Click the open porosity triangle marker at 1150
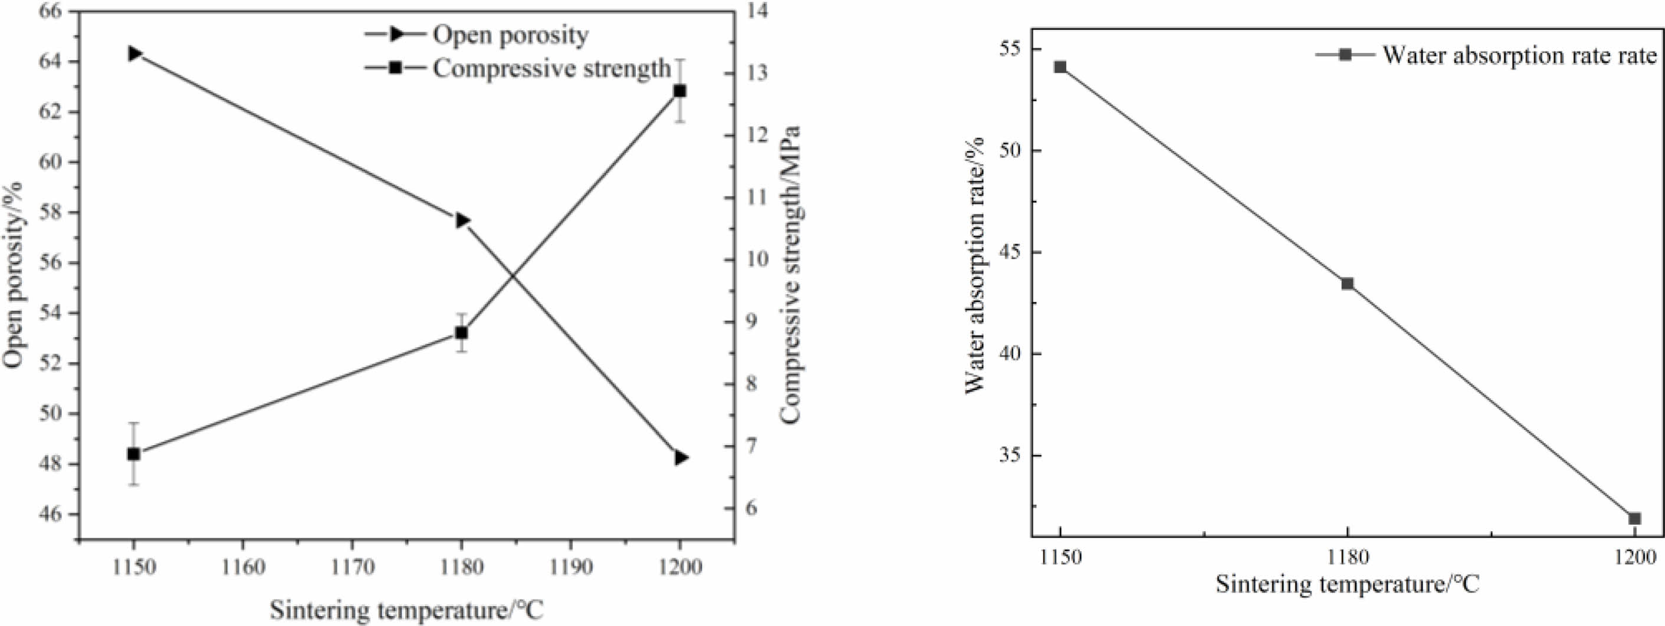[135, 53]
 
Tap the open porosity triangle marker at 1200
[681, 457]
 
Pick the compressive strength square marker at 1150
[134, 454]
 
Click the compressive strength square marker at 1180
[461, 332]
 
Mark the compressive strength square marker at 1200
[680, 91]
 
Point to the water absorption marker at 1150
[1060, 67]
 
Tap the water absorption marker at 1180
[1348, 284]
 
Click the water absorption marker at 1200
[1634, 519]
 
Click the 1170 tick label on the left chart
[352, 567]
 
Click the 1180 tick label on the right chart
[1348, 556]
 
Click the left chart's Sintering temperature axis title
[406, 610]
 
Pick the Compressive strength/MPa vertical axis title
[790, 274]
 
